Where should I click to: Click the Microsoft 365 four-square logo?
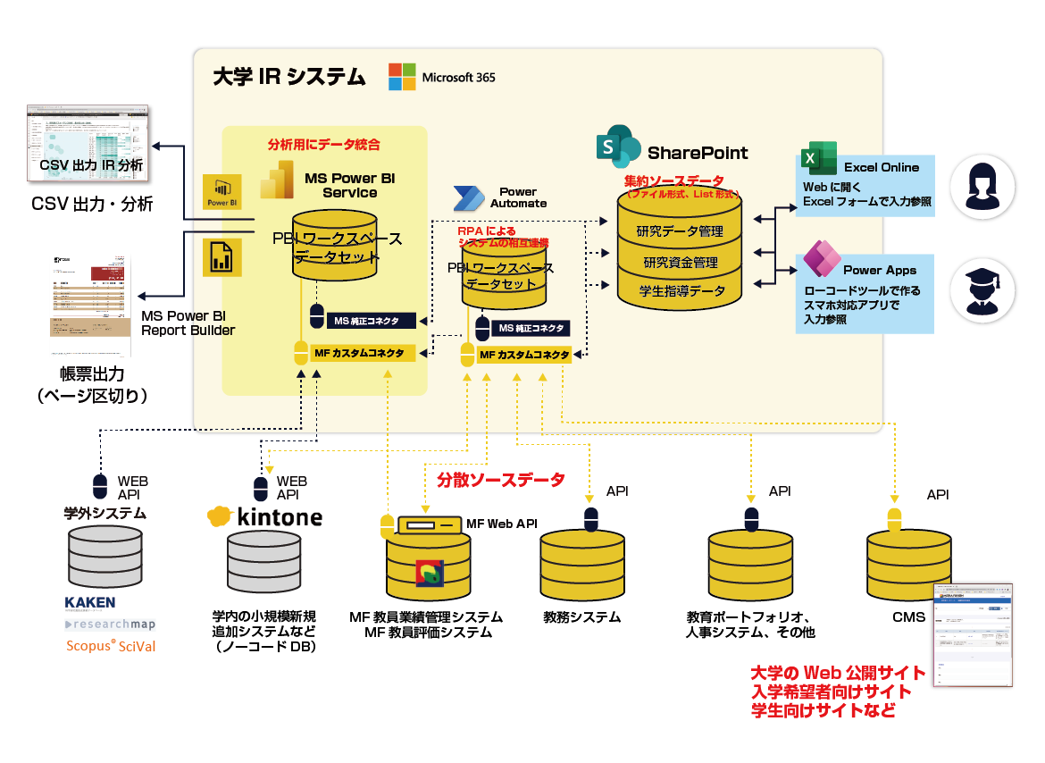point(402,77)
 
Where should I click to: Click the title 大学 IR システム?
point(288,77)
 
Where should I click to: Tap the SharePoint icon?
point(617,146)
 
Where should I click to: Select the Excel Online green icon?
point(818,161)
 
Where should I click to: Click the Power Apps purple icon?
point(819,260)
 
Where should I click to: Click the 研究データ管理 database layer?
point(680,232)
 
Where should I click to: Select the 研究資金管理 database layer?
point(680,263)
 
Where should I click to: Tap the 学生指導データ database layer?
point(680,291)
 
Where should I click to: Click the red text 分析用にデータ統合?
point(324,144)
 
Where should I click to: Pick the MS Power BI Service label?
point(349,185)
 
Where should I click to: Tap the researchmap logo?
point(110,624)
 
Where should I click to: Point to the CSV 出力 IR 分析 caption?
point(91,166)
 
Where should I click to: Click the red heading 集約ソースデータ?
point(673,180)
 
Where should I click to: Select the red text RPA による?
point(486,232)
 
